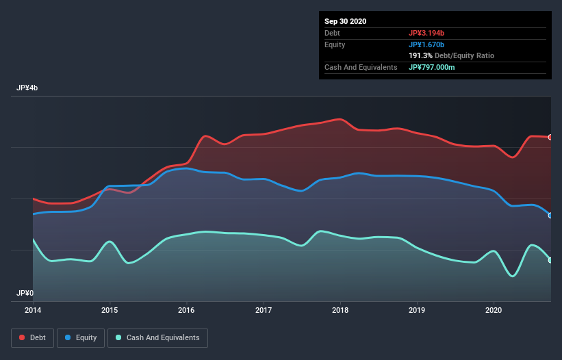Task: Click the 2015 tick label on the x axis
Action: click(110, 309)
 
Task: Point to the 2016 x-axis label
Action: click(186, 309)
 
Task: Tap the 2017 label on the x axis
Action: click(264, 309)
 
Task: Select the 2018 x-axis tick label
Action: click(340, 309)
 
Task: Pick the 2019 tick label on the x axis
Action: click(417, 309)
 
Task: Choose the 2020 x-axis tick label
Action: click(494, 309)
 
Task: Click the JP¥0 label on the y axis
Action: click(25, 293)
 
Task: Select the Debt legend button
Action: click(32, 337)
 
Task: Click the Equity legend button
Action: click(81, 337)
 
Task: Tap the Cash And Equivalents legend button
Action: click(157, 337)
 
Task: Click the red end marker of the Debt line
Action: click(550, 137)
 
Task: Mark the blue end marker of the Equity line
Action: click(550, 216)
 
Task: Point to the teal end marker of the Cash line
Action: click(550, 260)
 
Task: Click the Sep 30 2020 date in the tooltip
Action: click(346, 21)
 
